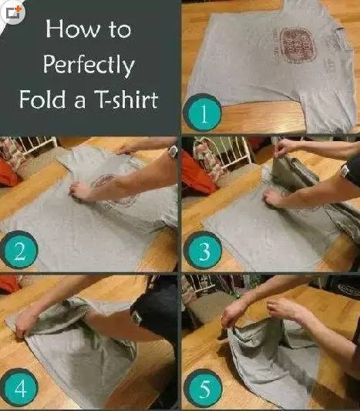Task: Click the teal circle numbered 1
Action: coord(203,113)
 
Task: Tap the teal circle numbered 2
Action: coord(19,250)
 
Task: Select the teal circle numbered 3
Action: coord(203,251)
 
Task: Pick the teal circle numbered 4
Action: coord(19,388)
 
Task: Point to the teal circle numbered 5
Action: coord(203,388)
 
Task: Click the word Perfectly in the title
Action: coord(89,65)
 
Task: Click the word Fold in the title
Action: coord(42,99)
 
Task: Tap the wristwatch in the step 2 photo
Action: coord(173,151)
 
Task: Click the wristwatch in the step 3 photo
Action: coord(345,172)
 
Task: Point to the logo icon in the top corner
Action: coord(13,12)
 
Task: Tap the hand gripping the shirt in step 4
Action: coord(25,324)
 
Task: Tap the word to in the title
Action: coord(120,29)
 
